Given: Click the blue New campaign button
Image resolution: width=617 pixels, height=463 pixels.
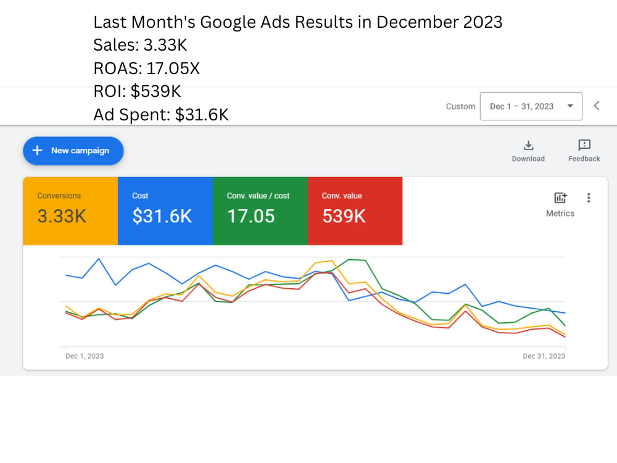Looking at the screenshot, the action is [x=73, y=151].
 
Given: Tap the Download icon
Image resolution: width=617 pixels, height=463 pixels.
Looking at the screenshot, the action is [x=528, y=145].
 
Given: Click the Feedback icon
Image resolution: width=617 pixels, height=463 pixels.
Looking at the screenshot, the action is [x=584, y=145].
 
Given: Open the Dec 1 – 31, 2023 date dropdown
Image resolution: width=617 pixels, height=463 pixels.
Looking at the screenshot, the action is [x=531, y=106].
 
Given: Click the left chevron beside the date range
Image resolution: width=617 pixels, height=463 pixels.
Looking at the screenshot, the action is [x=597, y=106].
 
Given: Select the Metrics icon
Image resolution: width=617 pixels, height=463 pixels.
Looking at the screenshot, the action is [x=560, y=198].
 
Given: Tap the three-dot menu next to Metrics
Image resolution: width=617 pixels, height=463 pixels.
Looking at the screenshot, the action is [x=589, y=198].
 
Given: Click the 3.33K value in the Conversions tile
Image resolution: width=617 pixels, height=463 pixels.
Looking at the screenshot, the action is [x=62, y=216].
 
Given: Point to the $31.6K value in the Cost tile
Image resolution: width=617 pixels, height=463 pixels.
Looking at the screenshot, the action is [x=162, y=216].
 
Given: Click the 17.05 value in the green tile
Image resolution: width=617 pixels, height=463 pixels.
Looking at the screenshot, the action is [x=251, y=216].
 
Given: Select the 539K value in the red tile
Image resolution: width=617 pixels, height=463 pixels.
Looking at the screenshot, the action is [x=344, y=216].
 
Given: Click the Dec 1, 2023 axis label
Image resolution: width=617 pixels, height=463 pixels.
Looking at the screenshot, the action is [x=85, y=356].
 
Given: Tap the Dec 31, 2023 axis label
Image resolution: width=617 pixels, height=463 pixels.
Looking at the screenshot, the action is [x=544, y=356].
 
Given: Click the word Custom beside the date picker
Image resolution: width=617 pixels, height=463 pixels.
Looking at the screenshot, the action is [x=460, y=106].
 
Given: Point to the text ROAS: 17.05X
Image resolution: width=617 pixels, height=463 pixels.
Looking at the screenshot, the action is [x=146, y=68].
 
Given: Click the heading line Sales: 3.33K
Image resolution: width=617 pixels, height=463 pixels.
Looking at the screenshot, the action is [x=140, y=45].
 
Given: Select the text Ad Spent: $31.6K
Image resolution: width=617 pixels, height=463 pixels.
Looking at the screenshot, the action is [x=161, y=115].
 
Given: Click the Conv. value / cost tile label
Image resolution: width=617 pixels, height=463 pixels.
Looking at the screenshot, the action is [x=258, y=196].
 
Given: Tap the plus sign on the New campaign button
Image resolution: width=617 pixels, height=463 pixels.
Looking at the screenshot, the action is [x=38, y=151].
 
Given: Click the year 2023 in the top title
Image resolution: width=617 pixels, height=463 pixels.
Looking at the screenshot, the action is [x=483, y=22].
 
